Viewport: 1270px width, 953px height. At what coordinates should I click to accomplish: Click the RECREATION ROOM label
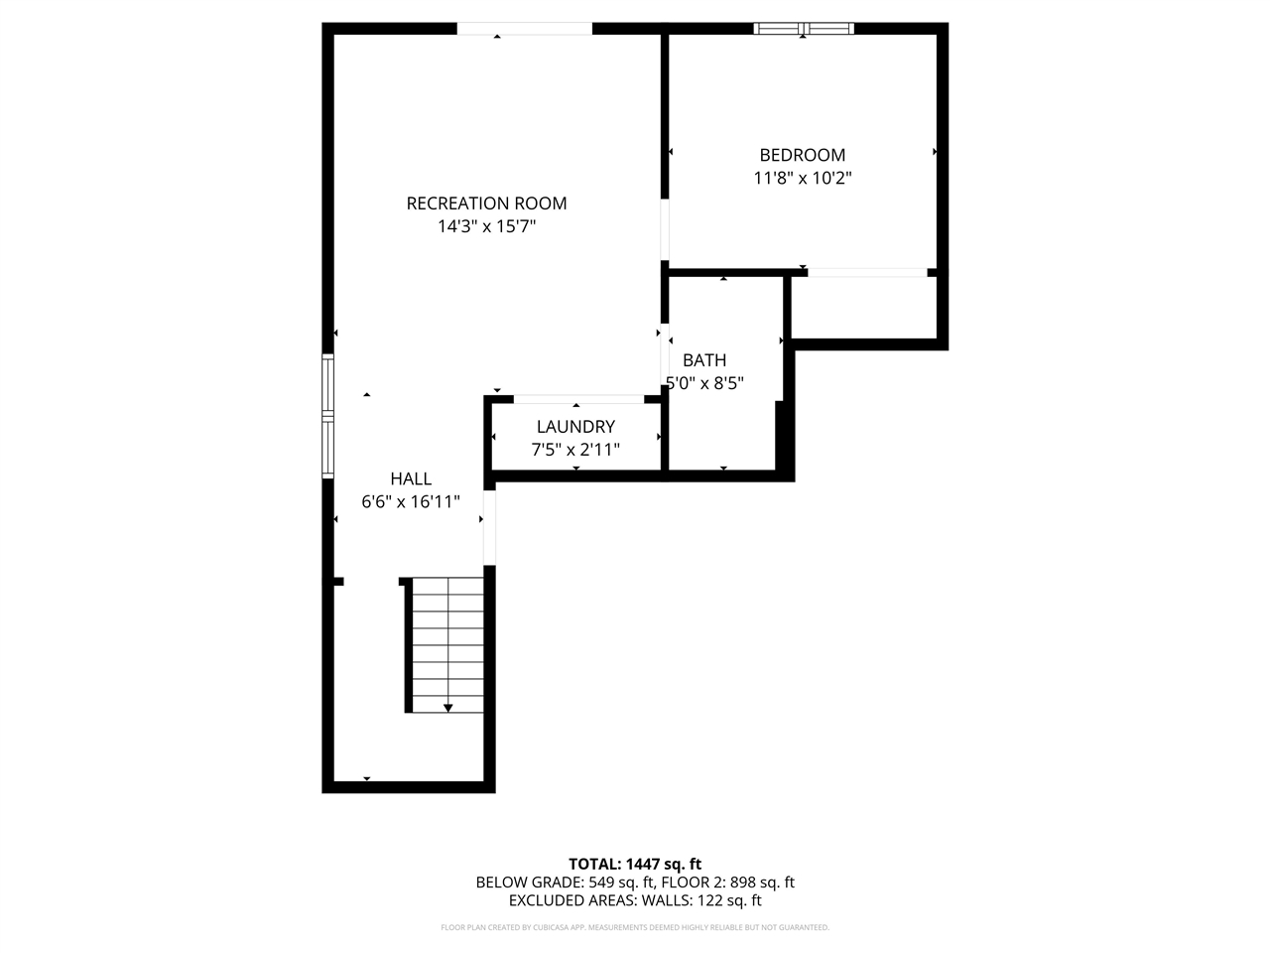(x=486, y=204)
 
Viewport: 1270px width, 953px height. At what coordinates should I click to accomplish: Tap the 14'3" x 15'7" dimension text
(x=486, y=227)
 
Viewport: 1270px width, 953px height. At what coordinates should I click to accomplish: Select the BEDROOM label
(x=802, y=155)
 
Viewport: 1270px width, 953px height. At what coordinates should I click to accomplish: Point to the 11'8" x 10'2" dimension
(x=802, y=179)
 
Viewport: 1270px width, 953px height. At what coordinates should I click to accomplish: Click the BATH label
(x=704, y=360)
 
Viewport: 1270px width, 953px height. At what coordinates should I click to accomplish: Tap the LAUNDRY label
(x=575, y=427)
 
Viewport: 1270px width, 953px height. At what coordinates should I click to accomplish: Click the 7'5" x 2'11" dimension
(x=575, y=450)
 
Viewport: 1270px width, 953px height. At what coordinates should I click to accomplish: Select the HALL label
(x=410, y=478)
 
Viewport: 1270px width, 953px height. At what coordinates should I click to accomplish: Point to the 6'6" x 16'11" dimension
(x=410, y=502)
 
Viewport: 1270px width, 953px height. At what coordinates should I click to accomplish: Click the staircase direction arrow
(x=448, y=707)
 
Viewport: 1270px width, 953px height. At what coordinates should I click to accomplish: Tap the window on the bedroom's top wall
(x=804, y=29)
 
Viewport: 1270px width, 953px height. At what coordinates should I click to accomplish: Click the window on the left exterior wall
(x=327, y=417)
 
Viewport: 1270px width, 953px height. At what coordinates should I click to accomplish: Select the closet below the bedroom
(x=863, y=309)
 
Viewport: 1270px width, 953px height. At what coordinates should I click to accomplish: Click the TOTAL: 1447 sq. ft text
(x=634, y=864)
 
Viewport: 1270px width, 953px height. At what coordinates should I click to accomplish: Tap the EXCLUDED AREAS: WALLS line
(x=634, y=901)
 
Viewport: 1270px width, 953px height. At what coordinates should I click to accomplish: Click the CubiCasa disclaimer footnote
(x=634, y=927)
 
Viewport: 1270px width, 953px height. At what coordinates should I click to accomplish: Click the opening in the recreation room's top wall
(x=524, y=29)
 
